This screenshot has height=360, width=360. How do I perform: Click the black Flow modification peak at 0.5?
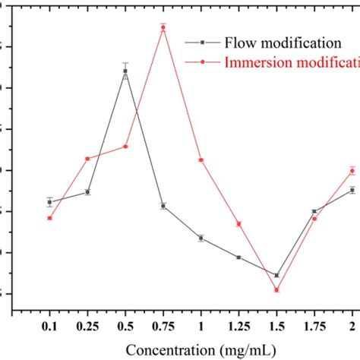point(125,71)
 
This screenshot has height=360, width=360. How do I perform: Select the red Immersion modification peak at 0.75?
point(163,27)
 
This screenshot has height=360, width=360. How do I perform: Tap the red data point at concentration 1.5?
point(276,290)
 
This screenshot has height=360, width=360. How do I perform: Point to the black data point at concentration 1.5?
point(276,275)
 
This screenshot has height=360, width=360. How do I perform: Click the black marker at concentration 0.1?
point(50,202)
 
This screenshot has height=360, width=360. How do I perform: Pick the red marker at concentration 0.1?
point(50,218)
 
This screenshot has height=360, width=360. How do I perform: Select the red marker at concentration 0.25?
point(87,159)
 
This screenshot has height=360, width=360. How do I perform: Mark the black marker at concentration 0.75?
point(163,206)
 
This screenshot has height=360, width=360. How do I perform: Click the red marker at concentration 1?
point(201,160)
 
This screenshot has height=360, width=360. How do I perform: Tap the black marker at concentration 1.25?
point(238,257)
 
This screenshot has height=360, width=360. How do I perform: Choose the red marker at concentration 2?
point(352,170)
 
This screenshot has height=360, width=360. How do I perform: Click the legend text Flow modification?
point(265,43)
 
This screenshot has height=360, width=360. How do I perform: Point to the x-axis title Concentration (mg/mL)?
point(201,350)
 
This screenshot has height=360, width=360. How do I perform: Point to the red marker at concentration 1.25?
point(238,224)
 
